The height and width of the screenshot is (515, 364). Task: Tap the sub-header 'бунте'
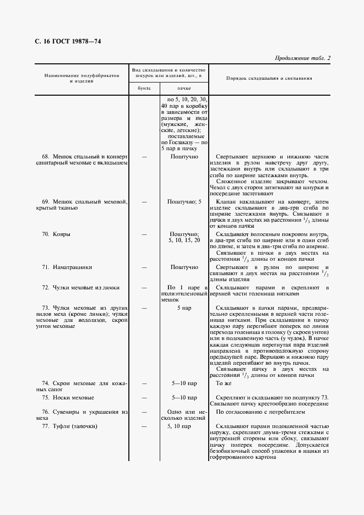click(x=143, y=88)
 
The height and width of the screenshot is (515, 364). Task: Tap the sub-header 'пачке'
click(x=184, y=88)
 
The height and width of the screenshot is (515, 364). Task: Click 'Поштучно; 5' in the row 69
click(x=184, y=202)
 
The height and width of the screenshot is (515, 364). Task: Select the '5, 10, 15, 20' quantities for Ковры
click(x=184, y=240)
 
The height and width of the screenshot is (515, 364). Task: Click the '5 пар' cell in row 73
click(x=184, y=308)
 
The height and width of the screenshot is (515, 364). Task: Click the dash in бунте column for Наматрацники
click(x=144, y=267)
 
